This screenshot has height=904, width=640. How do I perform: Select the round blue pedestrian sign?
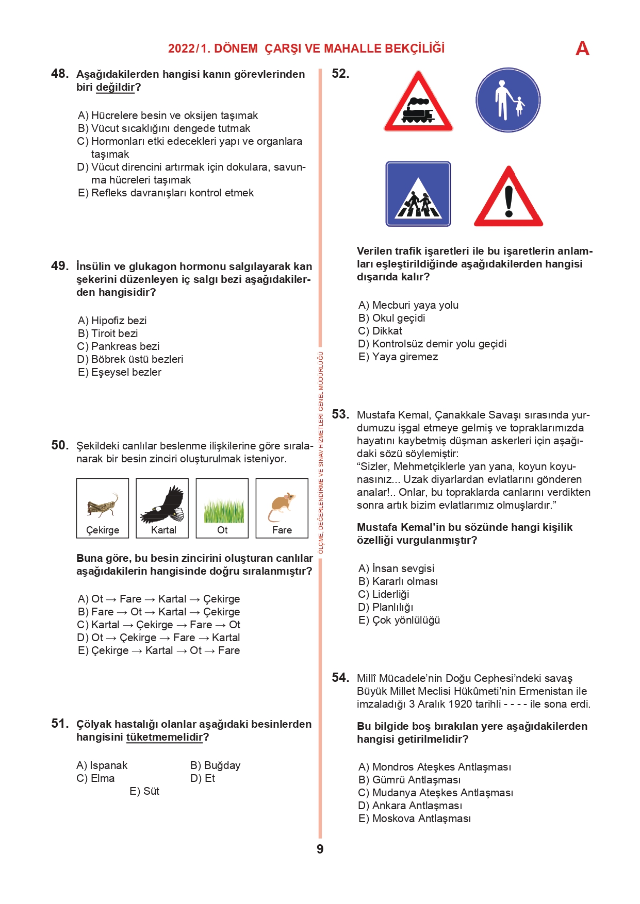click(508, 100)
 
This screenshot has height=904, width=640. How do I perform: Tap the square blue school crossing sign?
click(418, 194)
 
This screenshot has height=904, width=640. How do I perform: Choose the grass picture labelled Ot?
click(222, 508)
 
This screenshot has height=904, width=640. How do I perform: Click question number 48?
click(60, 74)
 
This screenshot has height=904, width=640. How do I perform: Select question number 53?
click(340, 414)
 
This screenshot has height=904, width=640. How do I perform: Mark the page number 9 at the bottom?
click(320, 849)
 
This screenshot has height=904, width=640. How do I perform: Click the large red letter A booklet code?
click(582, 49)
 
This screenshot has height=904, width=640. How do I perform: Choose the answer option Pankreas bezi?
click(125, 346)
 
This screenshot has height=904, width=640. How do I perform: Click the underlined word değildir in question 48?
click(115, 87)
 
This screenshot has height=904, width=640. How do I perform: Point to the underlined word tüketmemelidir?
click(165, 737)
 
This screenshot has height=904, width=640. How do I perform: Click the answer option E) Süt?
click(145, 791)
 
